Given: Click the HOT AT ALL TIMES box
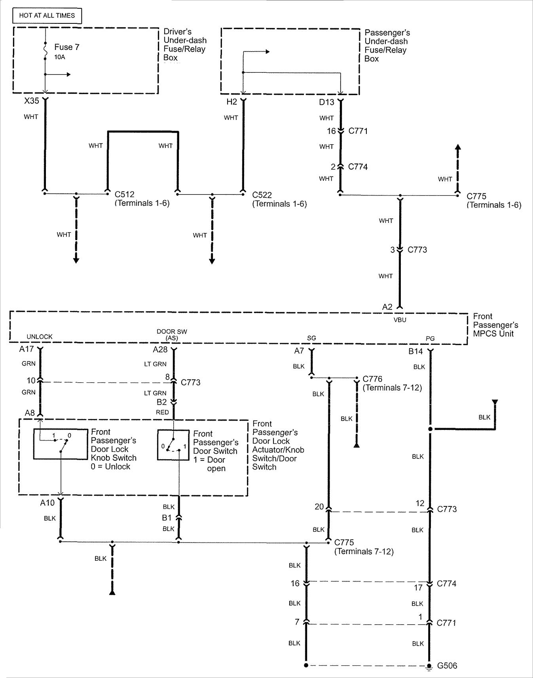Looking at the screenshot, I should [x=47, y=15].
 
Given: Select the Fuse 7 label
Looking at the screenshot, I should [x=66, y=47].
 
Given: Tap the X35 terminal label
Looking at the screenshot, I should [x=32, y=101].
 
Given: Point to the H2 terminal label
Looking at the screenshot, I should [x=231, y=102].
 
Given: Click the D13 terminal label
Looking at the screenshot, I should [x=326, y=102].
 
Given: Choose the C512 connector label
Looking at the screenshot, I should [x=124, y=195].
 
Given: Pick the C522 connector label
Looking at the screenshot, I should [x=262, y=195].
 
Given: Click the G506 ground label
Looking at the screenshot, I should [x=447, y=666].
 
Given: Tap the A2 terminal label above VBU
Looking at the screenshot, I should [x=387, y=307].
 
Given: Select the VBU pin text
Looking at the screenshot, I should [x=400, y=320].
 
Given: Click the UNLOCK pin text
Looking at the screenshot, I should [x=40, y=337].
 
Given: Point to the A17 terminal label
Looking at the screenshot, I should [x=27, y=350].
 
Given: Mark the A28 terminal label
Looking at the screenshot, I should [x=160, y=350].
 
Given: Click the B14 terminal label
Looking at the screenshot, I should [x=415, y=351].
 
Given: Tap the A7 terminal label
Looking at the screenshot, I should [x=299, y=351].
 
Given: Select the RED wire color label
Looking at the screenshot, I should [x=162, y=412].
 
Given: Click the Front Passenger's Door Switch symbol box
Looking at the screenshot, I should [x=173, y=445].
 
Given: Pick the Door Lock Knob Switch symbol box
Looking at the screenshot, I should [x=61, y=444].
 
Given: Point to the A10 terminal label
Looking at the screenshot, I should [x=47, y=503].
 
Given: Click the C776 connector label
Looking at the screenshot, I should [x=372, y=379].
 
